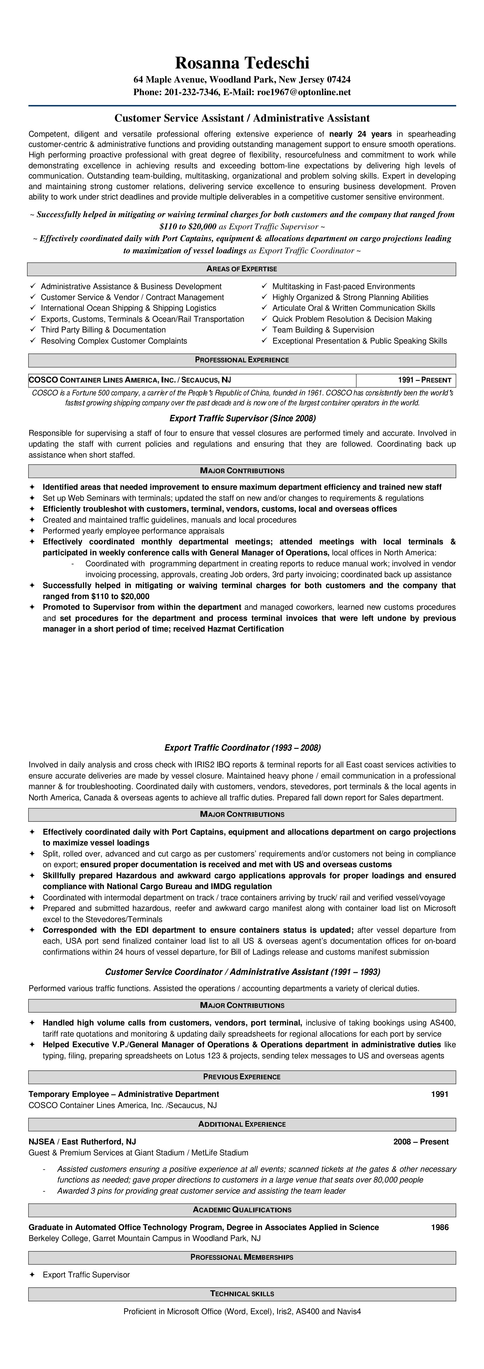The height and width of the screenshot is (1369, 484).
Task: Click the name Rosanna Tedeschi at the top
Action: pyautogui.click(x=242, y=63)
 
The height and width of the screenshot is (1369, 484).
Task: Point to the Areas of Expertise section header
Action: pyautogui.click(x=242, y=269)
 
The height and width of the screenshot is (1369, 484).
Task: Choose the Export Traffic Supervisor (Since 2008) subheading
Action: pyautogui.click(x=242, y=418)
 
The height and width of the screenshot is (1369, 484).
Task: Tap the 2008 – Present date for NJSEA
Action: pyautogui.click(x=421, y=1142)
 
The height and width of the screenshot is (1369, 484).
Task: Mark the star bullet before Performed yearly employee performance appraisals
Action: pyautogui.click(x=32, y=531)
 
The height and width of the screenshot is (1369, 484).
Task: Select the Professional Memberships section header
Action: pyautogui.click(x=242, y=1258)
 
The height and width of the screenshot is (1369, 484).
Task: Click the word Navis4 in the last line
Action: pyautogui.click(x=349, y=1312)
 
